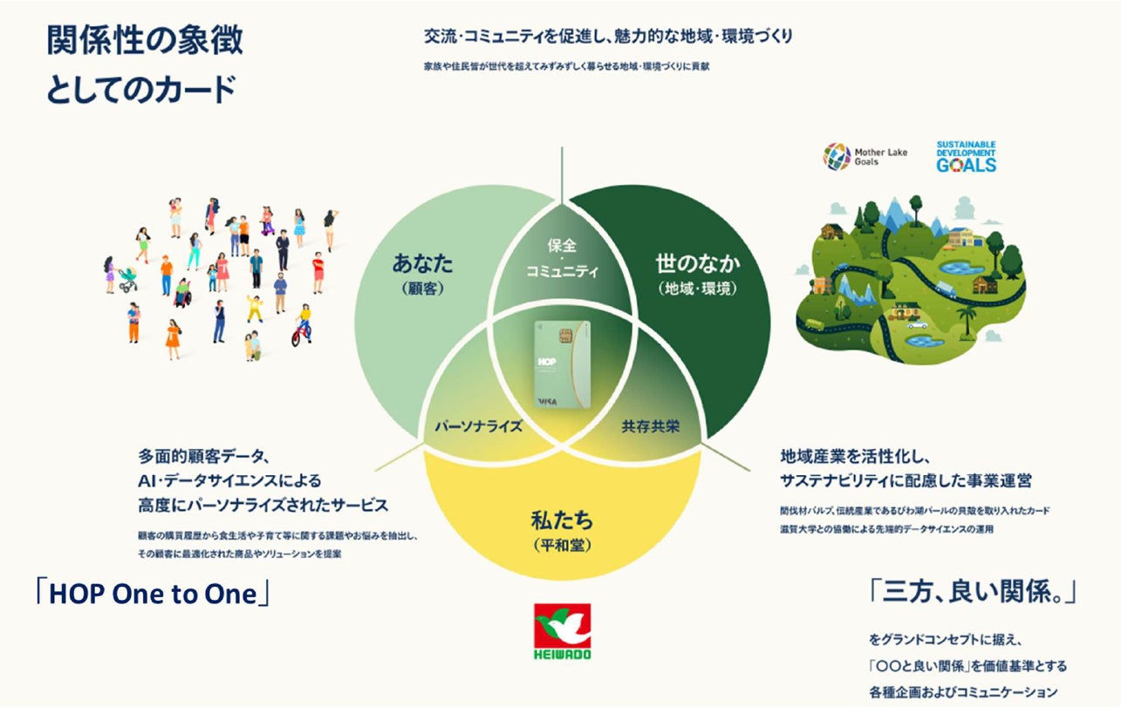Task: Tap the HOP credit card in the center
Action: [x=562, y=364]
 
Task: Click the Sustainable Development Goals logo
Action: [x=966, y=156]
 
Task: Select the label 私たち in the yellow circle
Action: [x=562, y=522]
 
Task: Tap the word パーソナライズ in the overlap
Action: [x=478, y=427]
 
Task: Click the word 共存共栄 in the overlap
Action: [x=649, y=427]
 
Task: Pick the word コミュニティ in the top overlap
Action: [x=562, y=271]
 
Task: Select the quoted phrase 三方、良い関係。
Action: [x=972, y=593]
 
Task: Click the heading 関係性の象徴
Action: [x=145, y=41]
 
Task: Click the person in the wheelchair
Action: [x=182, y=294]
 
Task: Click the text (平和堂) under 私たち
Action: [x=562, y=546]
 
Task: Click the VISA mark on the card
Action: [x=547, y=400]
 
